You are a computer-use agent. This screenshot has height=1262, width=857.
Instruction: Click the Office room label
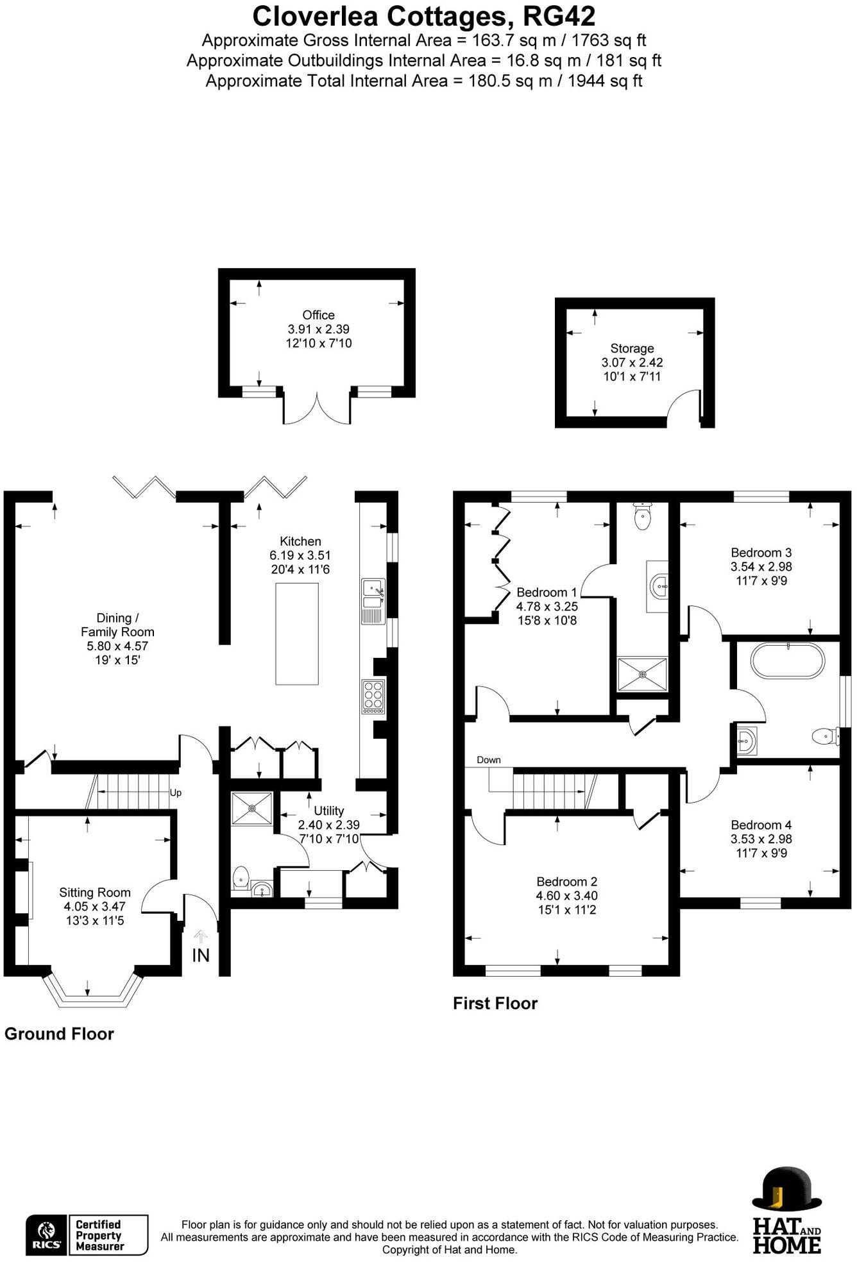[318, 315]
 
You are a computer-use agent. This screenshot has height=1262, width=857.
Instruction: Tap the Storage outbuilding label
[632, 348]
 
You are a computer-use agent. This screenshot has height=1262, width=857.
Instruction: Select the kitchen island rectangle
[297, 634]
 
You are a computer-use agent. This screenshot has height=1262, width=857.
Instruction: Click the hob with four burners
[373, 696]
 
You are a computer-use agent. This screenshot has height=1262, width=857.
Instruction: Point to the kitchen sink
[372, 593]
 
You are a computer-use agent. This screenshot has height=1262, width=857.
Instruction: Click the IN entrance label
[201, 955]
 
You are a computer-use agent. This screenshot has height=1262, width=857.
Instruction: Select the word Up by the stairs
[176, 793]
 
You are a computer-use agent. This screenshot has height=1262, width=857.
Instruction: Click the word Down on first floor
[489, 760]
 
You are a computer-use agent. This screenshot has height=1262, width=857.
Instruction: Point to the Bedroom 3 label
[761, 552]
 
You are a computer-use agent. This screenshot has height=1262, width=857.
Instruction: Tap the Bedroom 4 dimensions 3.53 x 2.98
[761, 839]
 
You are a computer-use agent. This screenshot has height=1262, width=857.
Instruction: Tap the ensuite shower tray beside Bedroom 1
[642, 674]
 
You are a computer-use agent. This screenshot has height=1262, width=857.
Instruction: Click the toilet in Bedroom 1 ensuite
[642, 516]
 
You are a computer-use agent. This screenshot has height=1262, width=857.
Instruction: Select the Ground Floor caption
[59, 1034]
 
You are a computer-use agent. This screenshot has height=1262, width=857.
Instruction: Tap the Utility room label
[328, 811]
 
